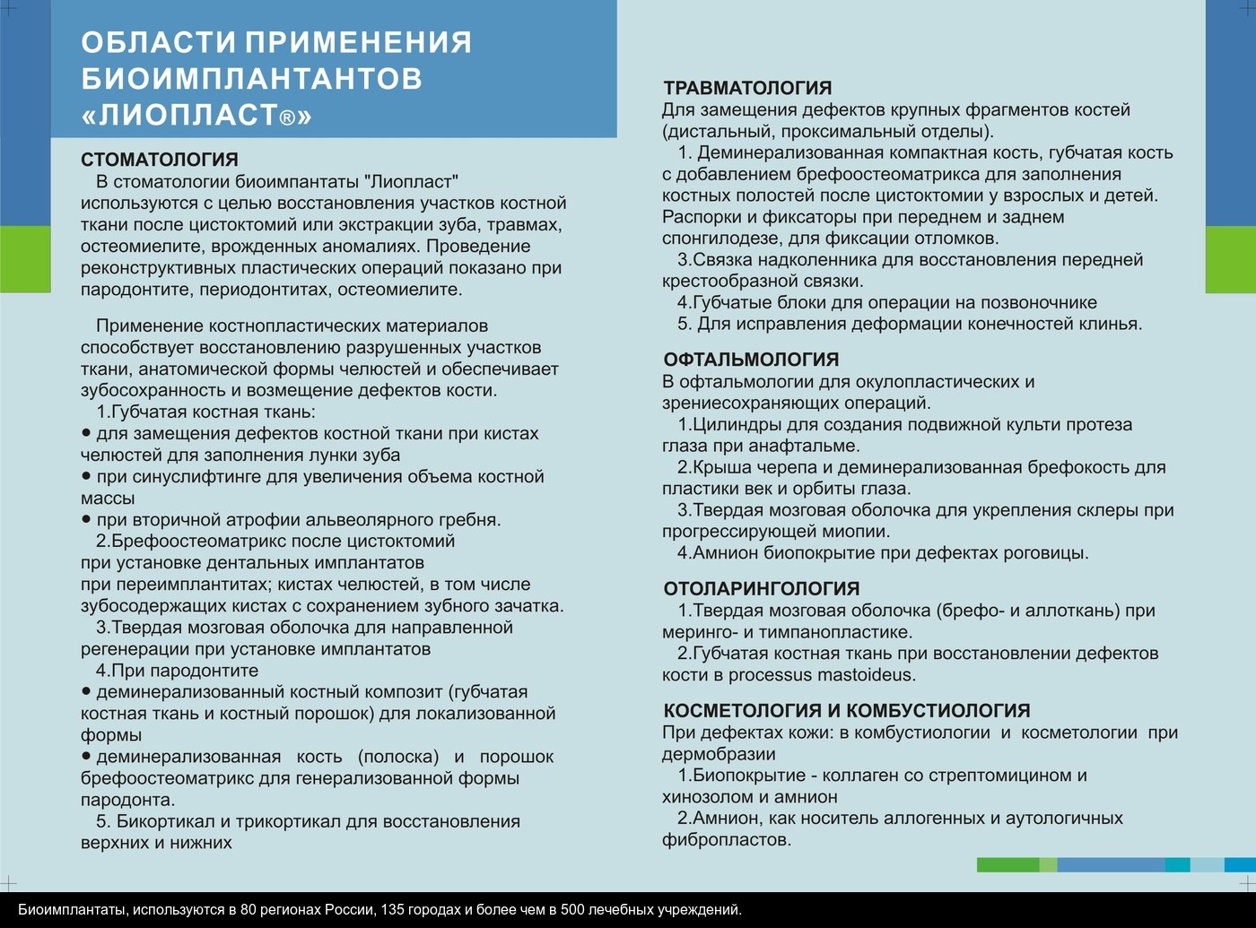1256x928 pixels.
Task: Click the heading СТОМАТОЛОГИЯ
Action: pos(160,160)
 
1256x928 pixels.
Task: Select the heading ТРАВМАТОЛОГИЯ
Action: pos(747,88)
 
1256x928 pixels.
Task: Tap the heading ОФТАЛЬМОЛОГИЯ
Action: pos(751,360)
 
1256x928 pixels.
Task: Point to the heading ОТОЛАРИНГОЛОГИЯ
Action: pos(762,589)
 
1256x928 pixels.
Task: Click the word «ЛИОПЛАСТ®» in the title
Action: pos(196,116)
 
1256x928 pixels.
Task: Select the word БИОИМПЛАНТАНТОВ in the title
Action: pos(251,79)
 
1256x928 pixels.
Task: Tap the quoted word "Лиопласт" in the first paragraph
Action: pos(413,182)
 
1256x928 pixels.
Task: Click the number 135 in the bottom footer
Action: pos(393,910)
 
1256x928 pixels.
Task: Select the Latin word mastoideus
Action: pos(867,675)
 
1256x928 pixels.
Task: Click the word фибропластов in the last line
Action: pos(726,840)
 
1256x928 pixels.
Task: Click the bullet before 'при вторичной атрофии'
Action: pos(86,519)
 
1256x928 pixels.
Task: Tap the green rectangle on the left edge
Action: pos(25,259)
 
